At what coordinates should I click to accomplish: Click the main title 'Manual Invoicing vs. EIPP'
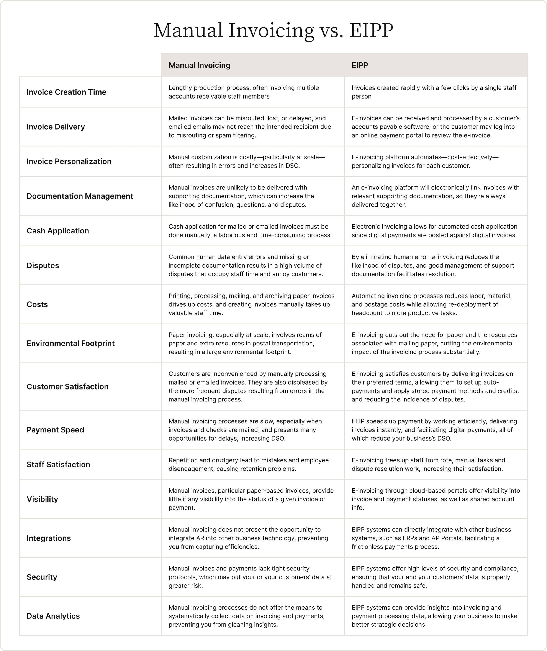[x=273, y=30]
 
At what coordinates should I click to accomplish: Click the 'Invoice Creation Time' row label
[x=66, y=92]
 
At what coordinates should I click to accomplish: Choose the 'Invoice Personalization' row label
[x=69, y=162]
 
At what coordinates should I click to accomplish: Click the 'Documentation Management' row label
[x=80, y=196]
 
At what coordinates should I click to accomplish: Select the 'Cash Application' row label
[x=58, y=231]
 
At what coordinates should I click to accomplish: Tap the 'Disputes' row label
[x=43, y=266]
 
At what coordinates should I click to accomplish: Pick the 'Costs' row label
[x=37, y=304]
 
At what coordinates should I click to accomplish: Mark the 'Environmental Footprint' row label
[x=70, y=344]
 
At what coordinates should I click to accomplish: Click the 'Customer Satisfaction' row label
[x=67, y=387]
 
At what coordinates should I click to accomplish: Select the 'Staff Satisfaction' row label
[x=58, y=465]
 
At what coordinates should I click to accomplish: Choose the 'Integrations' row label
[x=49, y=538]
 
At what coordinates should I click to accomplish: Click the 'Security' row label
[x=42, y=577]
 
